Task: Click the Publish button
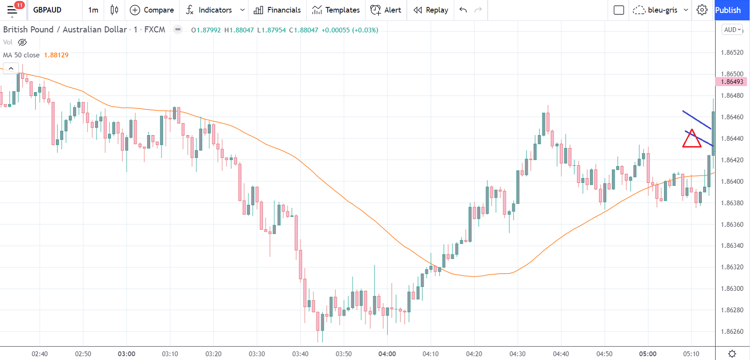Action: [x=728, y=10]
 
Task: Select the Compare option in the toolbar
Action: [x=152, y=10]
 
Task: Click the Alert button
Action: [x=386, y=10]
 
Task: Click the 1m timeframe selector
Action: [x=93, y=10]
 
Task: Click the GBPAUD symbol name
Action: [x=47, y=10]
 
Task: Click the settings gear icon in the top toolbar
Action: [x=702, y=10]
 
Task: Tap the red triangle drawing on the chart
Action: [x=691, y=139]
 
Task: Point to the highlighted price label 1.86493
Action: [x=732, y=82]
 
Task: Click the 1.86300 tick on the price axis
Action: [x=732, y=288]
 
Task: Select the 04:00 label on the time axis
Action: [x=387, y=354]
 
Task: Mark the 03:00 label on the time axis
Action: [x=127, y=354]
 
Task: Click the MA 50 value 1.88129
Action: [x=56, y=55]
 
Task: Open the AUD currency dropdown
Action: [x=732, y=30]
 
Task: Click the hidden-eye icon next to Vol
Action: [x=22, y=42]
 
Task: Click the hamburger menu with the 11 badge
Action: [x=12, y=10]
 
